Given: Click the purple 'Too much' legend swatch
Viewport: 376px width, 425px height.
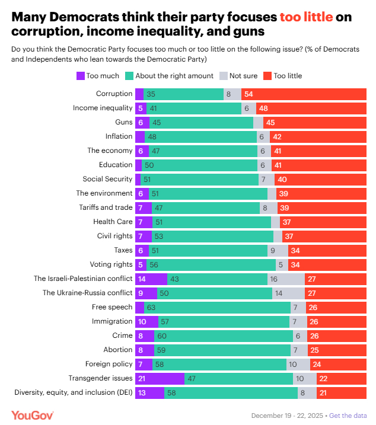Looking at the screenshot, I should point(81,76).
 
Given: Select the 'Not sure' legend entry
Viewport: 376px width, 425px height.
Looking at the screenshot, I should point(238,76).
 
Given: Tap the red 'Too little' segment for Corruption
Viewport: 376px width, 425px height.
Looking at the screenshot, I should point(304,94).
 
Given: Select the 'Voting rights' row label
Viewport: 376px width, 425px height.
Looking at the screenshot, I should point(111,264).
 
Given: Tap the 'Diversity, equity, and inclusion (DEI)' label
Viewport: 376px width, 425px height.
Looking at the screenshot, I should point(74,392).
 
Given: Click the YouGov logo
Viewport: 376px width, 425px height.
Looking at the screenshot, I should point(33,416).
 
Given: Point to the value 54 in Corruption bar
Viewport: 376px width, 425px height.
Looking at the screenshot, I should point(248,94).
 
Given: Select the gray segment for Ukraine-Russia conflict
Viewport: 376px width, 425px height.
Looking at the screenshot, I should point(288,293).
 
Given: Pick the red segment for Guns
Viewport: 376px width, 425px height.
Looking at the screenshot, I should point(315,122).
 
